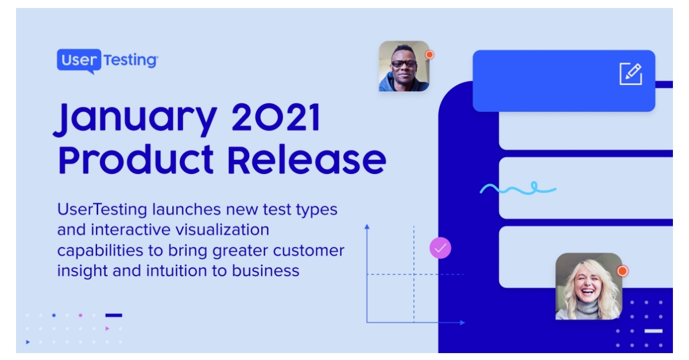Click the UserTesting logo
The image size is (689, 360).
pos(107,60)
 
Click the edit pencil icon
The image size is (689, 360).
pos(630,74)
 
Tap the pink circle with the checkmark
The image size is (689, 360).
pos(440,248)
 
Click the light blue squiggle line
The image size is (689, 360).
pos(517,188)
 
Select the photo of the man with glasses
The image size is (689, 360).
pos(404,66)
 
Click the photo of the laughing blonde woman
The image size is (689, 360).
pos(589,286)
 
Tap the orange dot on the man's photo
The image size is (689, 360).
pos(429,55)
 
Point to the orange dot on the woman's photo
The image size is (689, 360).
pos(622,270)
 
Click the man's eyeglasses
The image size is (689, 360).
pos(404,63)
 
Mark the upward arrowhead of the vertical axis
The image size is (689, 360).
pos(367,227)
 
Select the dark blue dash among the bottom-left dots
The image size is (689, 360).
pos(114,315)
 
